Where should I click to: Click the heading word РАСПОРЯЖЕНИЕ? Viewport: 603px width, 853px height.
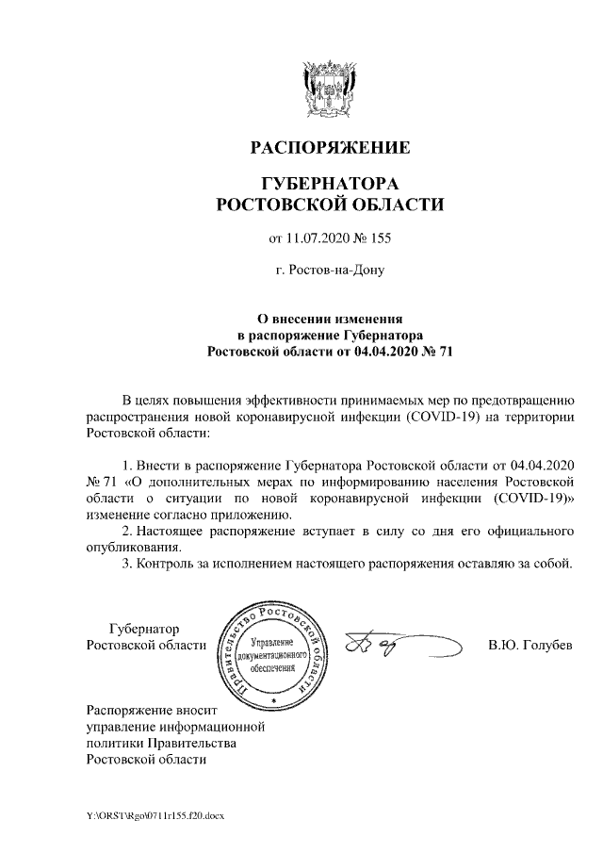329,148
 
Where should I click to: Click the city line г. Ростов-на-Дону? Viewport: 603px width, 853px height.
329,270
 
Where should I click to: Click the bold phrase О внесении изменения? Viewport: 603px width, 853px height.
329,319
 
